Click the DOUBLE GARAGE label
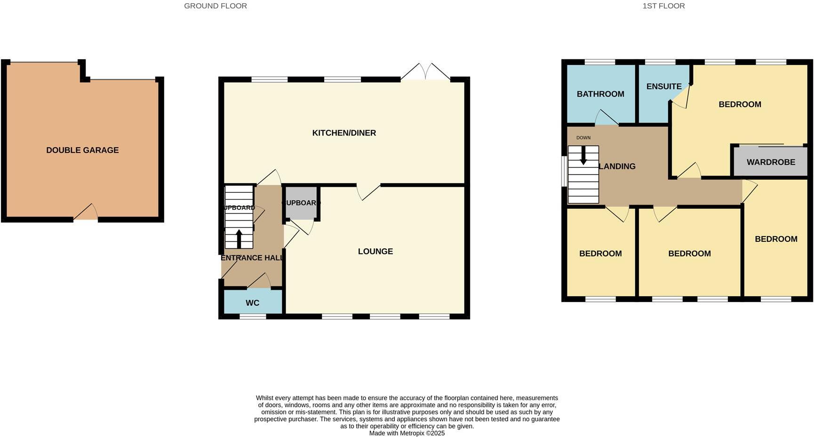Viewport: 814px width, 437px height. coord(82,150)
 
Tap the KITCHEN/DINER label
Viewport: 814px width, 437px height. coord(344,133)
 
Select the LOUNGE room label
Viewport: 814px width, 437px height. coord(375,251)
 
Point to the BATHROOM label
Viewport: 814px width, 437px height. coord(600,94)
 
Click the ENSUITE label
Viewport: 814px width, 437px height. coord(663,87)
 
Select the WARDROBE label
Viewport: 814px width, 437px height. coord(771,162)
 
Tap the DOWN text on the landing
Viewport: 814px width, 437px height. coord(583,138)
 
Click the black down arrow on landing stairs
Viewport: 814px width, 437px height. coord(583,156)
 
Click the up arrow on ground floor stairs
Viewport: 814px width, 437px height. coord(239,238)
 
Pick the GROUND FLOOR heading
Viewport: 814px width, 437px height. coord(215,6)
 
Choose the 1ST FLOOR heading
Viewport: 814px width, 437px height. coord(663,6)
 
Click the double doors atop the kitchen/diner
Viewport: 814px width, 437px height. coord(425,72)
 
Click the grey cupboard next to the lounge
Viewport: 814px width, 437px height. coord(302,203)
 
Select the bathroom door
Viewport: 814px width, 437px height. coord(607,119)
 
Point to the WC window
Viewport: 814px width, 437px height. coord(253,317)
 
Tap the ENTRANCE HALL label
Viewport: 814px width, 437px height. coord(252,258)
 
